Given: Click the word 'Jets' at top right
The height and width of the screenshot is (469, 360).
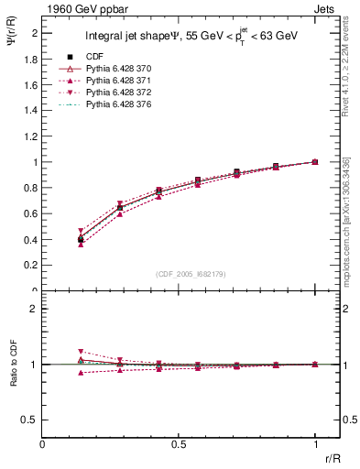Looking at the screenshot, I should [x=326, y=8].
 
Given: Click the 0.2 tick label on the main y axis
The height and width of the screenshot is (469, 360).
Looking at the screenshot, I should [x=32, y=266].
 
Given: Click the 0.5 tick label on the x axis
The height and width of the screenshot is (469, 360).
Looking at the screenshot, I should [x=180, y=445].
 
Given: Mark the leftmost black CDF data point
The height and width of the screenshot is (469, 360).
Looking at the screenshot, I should [x=81, y=239].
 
